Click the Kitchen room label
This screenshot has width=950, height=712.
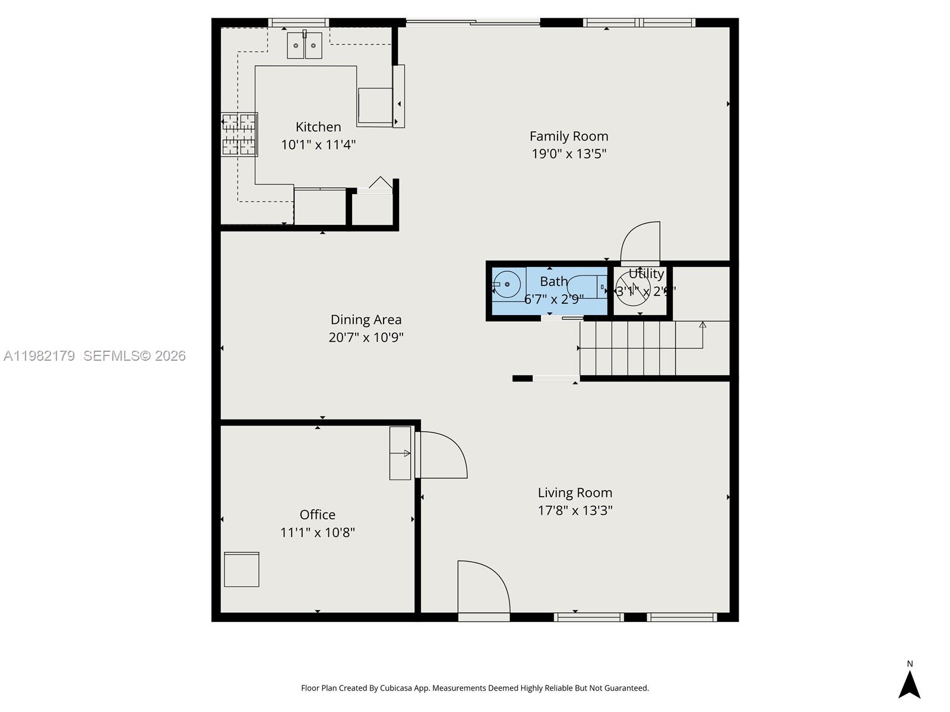click(x=318, y=127)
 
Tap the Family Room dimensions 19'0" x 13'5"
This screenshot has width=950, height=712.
click(x=569, y=154)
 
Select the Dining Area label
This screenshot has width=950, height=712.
click(x=366, y=320)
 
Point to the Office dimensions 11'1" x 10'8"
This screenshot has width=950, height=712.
click(x=317, y=532)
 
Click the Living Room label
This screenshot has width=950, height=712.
click(x=575, y=492)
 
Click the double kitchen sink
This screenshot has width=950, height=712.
click(x=305, y=46)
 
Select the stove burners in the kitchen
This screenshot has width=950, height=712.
click(x=239, y=135)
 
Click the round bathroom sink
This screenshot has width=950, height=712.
click(x=507, y=285)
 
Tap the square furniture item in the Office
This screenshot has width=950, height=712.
click(x=242, y=570)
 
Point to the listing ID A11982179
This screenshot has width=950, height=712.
click(x=39, y=356)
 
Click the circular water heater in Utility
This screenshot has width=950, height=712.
click(x=633, y=290)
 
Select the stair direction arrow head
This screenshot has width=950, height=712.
click(x=702, y=325)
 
